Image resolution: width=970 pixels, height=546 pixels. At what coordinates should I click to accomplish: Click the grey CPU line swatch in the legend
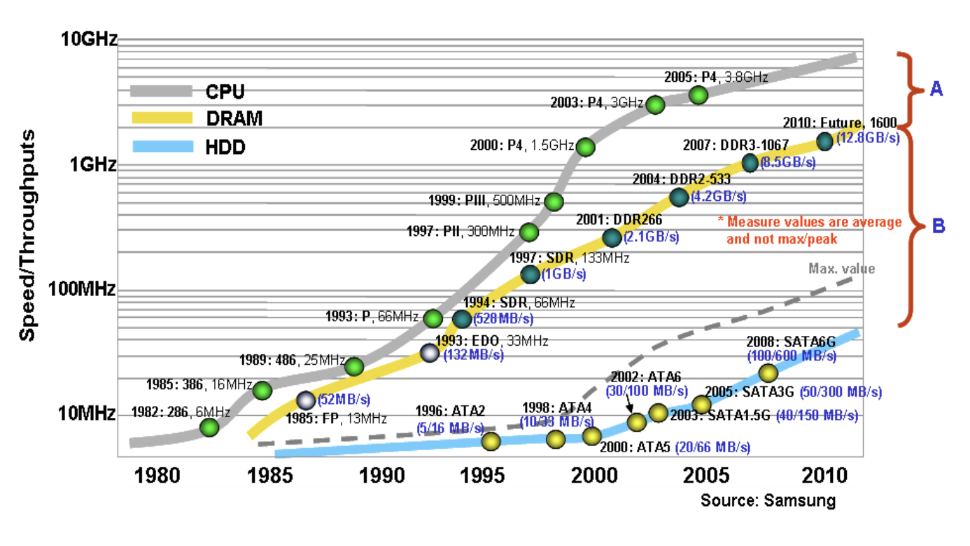point(161,90)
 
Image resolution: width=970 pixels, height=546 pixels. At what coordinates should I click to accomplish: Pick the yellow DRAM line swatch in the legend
point(161,119)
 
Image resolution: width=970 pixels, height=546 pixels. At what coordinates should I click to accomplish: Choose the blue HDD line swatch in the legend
point(161,148)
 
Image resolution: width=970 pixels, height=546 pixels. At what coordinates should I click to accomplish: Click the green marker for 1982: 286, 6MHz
point(209,427)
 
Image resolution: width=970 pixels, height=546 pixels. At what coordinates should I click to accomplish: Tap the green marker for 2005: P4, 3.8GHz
point(698,95)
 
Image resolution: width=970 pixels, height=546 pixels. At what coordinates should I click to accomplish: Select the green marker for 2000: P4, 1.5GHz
point(585,147)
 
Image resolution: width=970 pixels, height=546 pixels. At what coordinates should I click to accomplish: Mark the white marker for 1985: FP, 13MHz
point(306,400)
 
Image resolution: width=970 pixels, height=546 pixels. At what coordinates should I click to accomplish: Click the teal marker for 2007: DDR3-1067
point(750,163)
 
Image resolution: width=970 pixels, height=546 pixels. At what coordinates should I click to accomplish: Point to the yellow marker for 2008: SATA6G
point(768,373)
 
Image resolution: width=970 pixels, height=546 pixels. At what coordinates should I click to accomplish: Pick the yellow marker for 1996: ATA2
point(491,441)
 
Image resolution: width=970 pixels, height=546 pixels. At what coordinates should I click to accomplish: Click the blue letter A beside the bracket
point(935,88)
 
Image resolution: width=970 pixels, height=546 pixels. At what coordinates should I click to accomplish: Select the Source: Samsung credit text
point(768,500)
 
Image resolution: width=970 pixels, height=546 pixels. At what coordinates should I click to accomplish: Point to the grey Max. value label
point(841,268)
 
